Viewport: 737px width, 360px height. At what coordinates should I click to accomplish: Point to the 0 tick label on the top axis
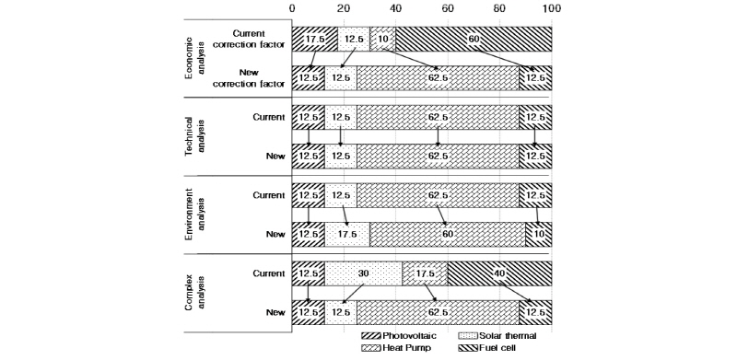click(x=292, y=7)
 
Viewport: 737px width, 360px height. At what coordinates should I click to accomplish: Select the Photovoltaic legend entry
click(x=406, y=337)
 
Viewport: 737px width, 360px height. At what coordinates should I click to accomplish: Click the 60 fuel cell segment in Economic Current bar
click(x=474, y=39)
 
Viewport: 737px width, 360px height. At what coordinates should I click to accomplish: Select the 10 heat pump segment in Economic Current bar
click(x=382, y=39)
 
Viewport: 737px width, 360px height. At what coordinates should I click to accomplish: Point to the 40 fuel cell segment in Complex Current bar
click(x=499, y=274)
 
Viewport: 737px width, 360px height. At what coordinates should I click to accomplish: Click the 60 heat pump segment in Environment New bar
click(x=447, y=235)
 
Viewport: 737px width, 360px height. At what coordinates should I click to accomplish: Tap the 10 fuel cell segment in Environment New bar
click(x=539, y=235)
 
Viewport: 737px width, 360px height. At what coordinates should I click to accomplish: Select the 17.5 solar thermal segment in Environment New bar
click(x=346, y=235)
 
